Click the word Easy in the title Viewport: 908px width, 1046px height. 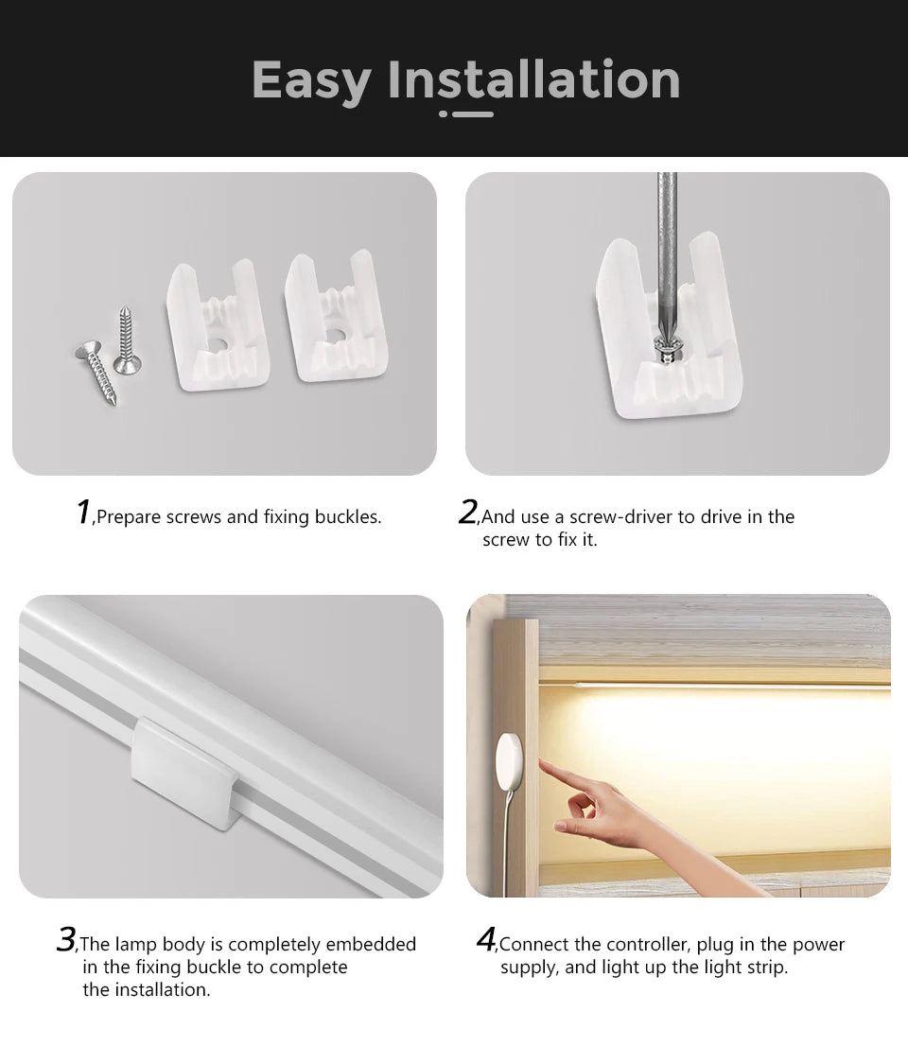(x=311, y=80)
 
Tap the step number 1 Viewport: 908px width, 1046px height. (x=83, y=512)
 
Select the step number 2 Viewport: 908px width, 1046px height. (x=467, y=512)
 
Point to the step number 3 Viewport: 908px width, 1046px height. (x=65, y=940)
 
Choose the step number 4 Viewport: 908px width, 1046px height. (x=486, y=940)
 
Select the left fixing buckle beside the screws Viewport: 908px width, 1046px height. (x=218, y=325)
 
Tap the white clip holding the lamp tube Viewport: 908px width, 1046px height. (x=185, y=772)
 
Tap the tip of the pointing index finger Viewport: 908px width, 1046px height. (x=542, y=763)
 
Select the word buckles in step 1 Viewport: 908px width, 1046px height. (x=350, y=517)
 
